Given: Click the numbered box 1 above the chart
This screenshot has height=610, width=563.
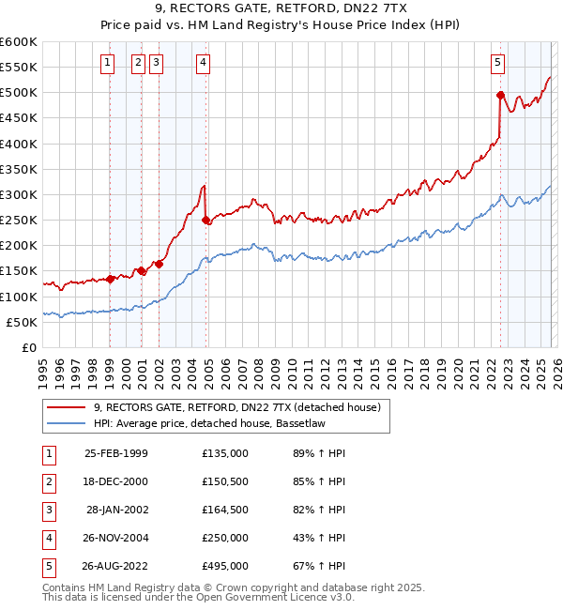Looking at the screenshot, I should coord(108,63).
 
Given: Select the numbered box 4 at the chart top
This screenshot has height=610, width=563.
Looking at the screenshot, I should coord(204,63).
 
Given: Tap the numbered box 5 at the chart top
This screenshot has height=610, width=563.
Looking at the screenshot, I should coord(497,63).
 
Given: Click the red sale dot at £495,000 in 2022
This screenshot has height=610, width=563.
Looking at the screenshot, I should coord(500,95).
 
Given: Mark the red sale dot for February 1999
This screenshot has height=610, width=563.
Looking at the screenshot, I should coord(110,279).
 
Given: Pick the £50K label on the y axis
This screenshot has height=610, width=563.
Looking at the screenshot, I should coord(23,322).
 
